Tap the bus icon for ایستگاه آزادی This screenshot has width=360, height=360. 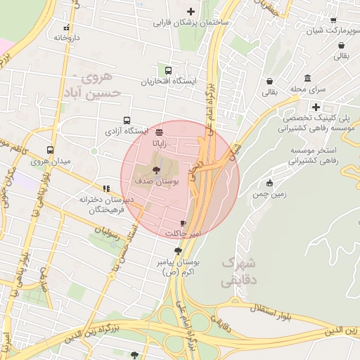[127, 120]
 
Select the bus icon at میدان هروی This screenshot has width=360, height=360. [50, 150]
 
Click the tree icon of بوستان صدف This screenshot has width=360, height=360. [156, 169]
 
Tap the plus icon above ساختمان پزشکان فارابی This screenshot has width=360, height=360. [191, 11]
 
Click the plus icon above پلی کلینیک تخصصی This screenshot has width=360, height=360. [317, 107]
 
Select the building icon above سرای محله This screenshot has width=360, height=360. [308, 78]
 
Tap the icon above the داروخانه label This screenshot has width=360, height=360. [66, 27]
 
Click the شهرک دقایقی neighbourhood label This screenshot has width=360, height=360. [238, 271]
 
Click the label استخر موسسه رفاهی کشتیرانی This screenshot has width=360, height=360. [312, 156]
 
